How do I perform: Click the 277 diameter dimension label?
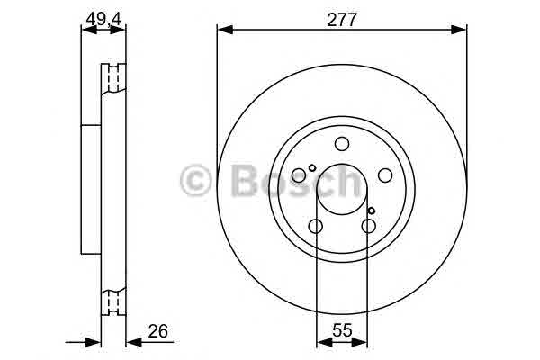[x=342, y=20]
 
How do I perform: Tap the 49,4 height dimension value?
[x=103, y=19]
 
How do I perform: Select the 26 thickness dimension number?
[x=158, y=331]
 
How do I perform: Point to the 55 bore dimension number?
[x=342, y=331]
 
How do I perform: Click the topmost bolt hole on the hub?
[x=342, y=144]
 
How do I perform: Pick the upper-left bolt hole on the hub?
[x=299, y=175]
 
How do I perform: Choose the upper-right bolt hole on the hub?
[x=385, y=175]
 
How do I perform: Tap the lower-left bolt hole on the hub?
[x=316, y=226]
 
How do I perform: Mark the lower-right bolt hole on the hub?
[x=368, y=226]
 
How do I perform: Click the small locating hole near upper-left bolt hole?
[x=312, y=168]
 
